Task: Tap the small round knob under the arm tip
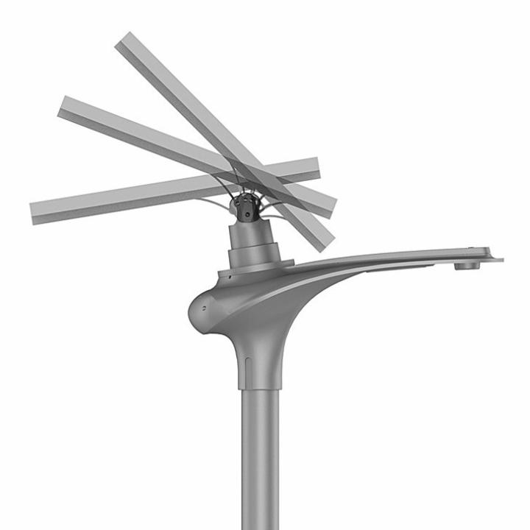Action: (465, 265)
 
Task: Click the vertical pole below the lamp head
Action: (260, 456)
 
